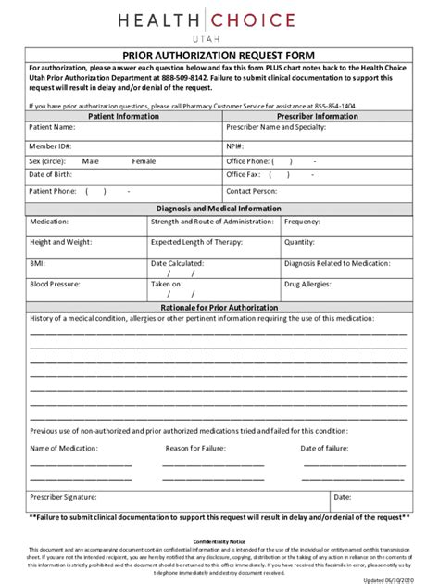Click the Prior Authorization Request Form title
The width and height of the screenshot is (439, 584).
pyautogui.click(x=219, y=55)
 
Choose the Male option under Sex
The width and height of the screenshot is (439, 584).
pyautogui.click(x=90, y=160)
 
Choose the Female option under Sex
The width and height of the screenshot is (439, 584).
pyautogui.click(x=144, y=160)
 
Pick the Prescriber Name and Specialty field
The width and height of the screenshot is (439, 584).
pyautogui.click(x=352, y=127)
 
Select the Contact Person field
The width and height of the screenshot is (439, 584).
pyautogui.click(x=352, y=190)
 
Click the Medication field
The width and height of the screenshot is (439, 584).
pyautogui.click(x=102, y=222)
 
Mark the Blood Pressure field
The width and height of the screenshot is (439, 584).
pyautogui.click(x=102, y=284)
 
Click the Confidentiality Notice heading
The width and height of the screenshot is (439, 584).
pyautogui.click(x=219, y=539)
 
